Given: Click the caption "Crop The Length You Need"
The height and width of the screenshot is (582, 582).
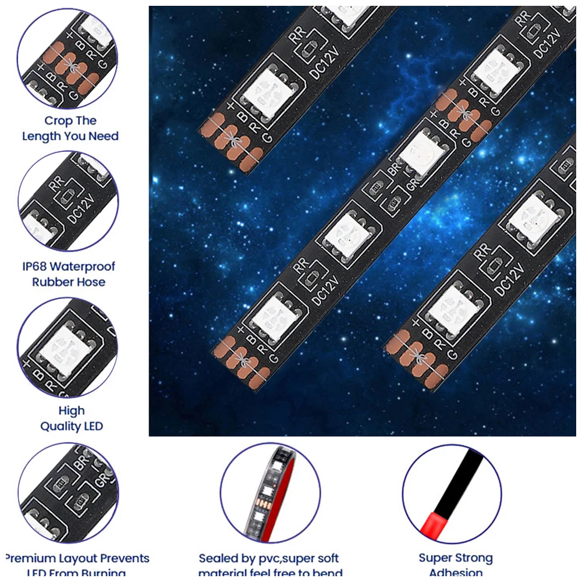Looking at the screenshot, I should click(x=70, y=129).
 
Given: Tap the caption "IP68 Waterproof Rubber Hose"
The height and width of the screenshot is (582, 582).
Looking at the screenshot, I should click(x=69, y=274).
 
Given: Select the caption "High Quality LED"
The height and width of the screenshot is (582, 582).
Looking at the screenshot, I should click(x=71, y=418).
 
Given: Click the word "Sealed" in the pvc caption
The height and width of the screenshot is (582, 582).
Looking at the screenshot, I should click(x=218, y=559).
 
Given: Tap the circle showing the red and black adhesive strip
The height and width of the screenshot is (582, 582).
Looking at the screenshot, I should click(x=452, y=494).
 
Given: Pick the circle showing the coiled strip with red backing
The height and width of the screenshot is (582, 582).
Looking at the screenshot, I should click(x=270, y=494).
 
